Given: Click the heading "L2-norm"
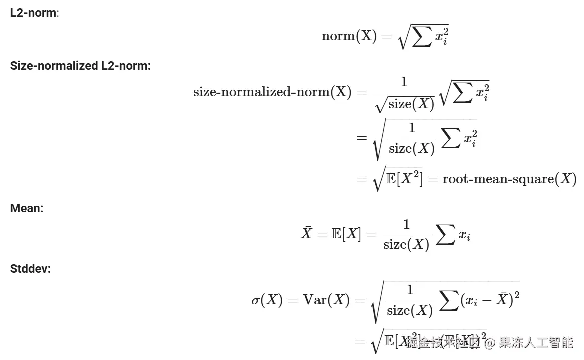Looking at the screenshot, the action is (x=33, y=13).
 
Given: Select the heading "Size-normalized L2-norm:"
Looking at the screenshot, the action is (x=80, y=66).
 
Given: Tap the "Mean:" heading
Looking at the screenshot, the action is (x=27, y=208).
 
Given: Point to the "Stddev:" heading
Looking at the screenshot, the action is (x=30, y=269).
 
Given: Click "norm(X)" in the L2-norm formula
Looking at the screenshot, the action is (x=349, y=37).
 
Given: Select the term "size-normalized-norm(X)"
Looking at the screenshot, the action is (x=272, y=92).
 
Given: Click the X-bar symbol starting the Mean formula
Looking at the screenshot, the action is (x=306, y=234).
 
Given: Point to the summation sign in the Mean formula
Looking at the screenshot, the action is (x=445, y=236).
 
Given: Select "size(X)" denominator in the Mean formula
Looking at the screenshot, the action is (x=406, y=244).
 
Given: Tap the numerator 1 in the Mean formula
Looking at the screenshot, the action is (x=406, y=225).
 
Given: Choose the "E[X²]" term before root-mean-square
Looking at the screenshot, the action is (x=404, y=179).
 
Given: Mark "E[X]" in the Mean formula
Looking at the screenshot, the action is (x=346, y=234).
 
